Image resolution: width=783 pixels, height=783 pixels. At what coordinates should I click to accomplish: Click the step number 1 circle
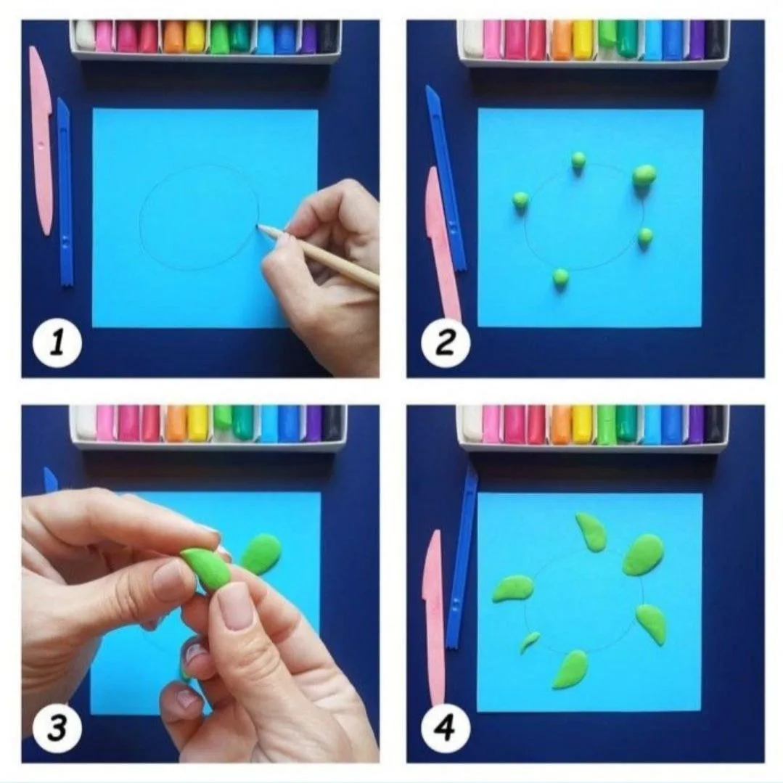click(57, 344)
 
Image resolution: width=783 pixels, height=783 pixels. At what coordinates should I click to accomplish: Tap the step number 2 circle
click(446, 343)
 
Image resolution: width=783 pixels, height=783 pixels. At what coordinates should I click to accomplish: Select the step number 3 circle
click(57, 728)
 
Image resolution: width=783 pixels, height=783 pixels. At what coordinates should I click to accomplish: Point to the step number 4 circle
click(446, 728)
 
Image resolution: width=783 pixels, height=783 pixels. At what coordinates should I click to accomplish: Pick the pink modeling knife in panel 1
click(41, 141)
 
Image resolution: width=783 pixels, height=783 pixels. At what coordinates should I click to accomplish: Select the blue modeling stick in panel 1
click(65, 192)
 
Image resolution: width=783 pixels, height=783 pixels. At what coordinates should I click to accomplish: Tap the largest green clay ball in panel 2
click(644, 175)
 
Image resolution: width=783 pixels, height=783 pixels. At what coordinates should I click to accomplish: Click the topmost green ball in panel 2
click(578, 160)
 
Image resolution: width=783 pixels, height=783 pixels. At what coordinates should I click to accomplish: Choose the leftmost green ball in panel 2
click(520, 200)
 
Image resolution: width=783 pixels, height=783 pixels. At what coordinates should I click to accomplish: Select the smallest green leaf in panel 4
click(529, 642)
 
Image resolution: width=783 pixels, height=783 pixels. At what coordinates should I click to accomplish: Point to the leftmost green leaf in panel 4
click(512, 589)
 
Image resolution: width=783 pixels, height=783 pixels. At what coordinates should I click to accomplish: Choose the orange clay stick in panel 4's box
click(561, 424)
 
